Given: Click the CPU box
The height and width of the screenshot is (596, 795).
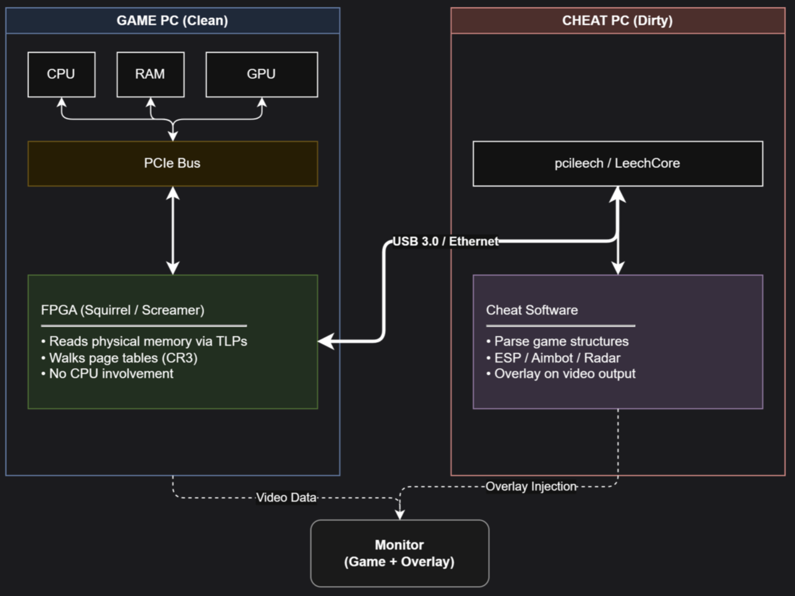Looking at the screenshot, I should [61, 74].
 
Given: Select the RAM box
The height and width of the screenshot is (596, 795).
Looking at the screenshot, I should [150, 74].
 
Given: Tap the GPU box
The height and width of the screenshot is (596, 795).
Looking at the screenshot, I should [261, 74].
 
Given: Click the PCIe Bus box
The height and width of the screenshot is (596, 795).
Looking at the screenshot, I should [172, 163].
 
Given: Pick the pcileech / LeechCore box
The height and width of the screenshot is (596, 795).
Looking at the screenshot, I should [617, 163].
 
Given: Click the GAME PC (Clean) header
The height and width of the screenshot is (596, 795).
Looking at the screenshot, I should [172, 20].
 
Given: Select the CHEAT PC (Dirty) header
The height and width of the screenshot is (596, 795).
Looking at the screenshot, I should [617, 20].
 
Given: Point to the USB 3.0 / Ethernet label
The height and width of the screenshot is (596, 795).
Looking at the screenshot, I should [446, 241].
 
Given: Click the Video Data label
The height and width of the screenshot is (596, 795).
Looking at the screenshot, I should [286, 498].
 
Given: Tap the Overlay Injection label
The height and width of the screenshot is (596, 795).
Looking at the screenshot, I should [531, 487].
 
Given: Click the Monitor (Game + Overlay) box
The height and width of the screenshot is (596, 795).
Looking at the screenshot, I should [399, 553].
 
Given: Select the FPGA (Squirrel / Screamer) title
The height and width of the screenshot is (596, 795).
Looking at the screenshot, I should [123, 310].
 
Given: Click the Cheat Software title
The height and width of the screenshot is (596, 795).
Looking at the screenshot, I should [532, 310].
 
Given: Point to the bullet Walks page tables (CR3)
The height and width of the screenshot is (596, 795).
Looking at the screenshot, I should [119, 358].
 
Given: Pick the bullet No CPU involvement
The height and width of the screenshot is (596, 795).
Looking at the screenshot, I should [107, 374].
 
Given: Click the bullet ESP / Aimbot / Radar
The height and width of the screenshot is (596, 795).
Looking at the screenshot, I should [553, 358].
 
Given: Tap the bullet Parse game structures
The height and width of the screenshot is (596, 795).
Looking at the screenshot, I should [557, 342].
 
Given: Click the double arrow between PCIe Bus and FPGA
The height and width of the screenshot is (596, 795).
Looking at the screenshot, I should [173, 230].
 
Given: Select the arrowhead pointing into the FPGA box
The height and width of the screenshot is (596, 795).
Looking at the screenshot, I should [326, 341].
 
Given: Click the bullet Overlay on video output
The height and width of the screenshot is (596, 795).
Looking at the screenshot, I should [561, 374].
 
